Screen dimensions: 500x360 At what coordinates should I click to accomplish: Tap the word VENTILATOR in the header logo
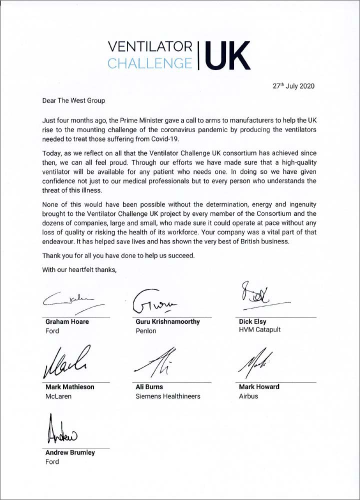pos(150,46)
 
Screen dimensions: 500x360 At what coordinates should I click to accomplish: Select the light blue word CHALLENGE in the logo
pos(150,63)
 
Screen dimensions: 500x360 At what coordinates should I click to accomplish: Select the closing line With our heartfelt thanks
pos(79,270)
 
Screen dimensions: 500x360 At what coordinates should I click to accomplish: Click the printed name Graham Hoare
pos(67,321)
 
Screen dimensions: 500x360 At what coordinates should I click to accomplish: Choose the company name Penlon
pos(146,331)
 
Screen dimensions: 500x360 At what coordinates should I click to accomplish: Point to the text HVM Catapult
pos(259,331)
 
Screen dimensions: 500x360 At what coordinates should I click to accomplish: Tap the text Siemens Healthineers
pos(168,396)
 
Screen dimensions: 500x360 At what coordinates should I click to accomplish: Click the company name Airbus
pos(248,396)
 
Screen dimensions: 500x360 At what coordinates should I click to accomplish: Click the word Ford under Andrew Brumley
pos(52,461)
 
